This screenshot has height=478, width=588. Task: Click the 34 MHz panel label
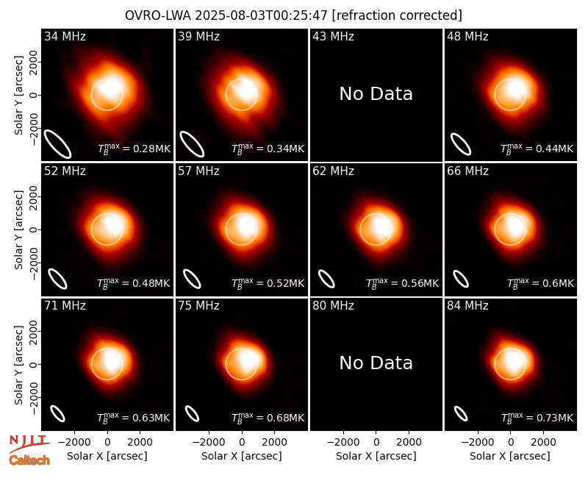(x=65, y=36)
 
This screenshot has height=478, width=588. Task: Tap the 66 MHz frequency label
(x=467, y=171)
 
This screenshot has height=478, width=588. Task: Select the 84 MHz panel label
(x=467, y=306)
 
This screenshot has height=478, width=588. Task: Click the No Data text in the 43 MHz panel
(x=376, y=94)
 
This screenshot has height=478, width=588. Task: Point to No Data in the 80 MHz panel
(x=376, y=363)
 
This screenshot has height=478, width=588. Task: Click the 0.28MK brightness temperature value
(x=134, y=149)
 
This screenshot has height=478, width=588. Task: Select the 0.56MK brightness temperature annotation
(x=402, y=283)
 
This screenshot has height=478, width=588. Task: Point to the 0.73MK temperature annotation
(x=537, y=418)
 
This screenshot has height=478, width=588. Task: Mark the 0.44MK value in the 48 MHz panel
(x=537, y=149)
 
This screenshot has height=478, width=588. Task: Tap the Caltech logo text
(x=29, y=460)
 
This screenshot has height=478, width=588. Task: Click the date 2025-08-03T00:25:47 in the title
(x=262, y=15)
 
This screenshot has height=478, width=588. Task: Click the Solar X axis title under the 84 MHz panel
(x=509, y=456)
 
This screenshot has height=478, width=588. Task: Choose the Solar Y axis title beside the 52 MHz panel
(x=18, y=229)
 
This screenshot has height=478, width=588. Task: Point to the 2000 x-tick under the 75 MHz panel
(x=274, y=442)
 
